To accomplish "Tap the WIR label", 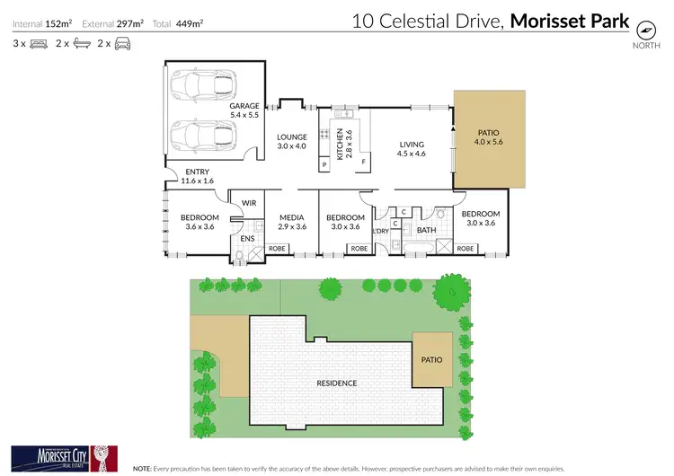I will click(249, 204).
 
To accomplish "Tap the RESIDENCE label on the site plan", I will click(337, 383).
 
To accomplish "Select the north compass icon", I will click(644, 28).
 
